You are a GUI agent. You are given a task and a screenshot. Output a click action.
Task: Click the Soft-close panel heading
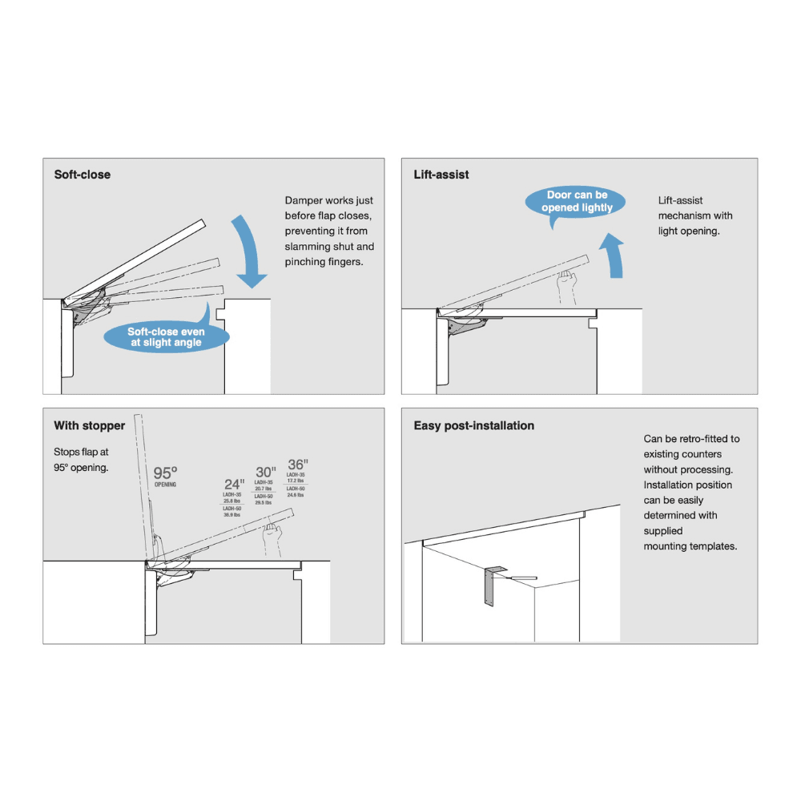coord(83,175)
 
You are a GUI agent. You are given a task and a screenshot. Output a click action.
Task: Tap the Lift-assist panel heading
coord(441,175)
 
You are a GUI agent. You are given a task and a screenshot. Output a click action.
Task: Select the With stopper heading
coord(90,426)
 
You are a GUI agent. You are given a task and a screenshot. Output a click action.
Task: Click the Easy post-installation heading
coord(474,426)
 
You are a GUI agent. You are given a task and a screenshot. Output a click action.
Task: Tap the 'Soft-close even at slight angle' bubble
coord(167,337)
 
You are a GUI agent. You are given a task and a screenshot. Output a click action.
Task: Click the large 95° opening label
coord(166,473)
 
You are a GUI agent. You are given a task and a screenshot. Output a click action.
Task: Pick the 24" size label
coord(234,484)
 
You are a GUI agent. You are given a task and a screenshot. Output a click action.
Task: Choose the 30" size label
coord(265,472)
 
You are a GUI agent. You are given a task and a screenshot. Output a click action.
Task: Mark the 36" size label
coord(297,465)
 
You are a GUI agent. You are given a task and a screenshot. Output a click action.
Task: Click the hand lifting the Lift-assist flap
coord(570,284)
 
